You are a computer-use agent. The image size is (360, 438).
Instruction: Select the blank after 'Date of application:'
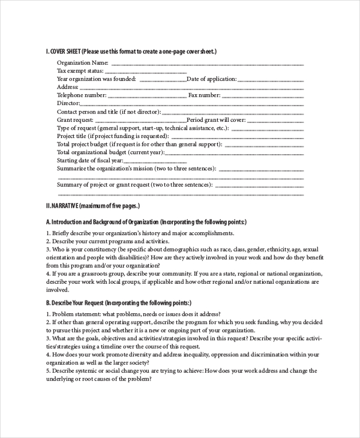tap(271, 79)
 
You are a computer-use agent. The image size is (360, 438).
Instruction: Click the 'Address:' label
tap(68, 87)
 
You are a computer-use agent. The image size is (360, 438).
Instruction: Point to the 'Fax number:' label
tap(204, 95)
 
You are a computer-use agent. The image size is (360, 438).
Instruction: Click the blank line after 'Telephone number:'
tap(146, 95)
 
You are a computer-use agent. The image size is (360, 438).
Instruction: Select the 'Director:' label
tap(68, 103)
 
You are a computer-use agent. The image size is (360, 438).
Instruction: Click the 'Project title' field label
tap(73, 136)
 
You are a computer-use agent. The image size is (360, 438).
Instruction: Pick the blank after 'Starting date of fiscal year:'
tap(156, 161)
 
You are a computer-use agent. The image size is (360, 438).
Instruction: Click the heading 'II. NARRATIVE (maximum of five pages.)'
tap(92, 206)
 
